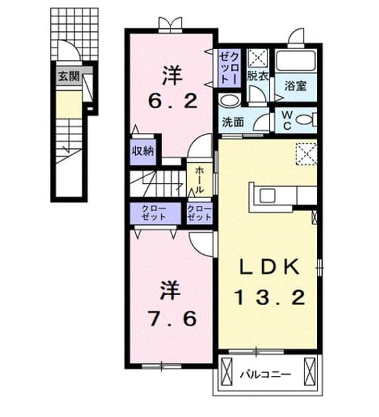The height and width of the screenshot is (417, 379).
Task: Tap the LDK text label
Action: pos(270,267)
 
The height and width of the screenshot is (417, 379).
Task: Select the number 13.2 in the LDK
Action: pos(270,298)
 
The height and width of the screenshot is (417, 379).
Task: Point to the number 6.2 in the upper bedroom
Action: pos(173,101)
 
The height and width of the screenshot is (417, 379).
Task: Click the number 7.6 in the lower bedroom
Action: pos(172,319)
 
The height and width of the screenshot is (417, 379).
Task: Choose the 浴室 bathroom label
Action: pos(295,85)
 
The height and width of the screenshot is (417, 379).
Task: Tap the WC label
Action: pos(287,120)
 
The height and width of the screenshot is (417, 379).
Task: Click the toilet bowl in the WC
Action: pos(305,120)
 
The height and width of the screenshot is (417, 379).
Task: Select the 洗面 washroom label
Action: pos(233,122)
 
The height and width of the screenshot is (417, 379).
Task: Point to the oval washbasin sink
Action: pos(229,101)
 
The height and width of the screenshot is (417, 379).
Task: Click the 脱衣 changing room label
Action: pos(258,76)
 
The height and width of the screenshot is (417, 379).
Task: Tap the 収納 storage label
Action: pos(143,151)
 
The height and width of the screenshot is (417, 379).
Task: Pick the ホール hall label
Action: pos(199,180)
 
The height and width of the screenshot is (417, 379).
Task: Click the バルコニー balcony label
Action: pos(265,375)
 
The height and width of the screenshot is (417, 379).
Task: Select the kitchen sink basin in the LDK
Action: pos(267,196)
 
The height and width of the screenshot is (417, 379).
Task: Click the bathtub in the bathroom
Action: pos(295,60)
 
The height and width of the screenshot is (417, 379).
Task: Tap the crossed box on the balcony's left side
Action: pos(226,371)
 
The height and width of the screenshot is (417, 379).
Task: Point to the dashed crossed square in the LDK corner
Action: pos(306,154)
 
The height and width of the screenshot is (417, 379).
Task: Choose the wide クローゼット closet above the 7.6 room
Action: pos(155,213)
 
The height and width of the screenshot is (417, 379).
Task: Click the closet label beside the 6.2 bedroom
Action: pos(230,68)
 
